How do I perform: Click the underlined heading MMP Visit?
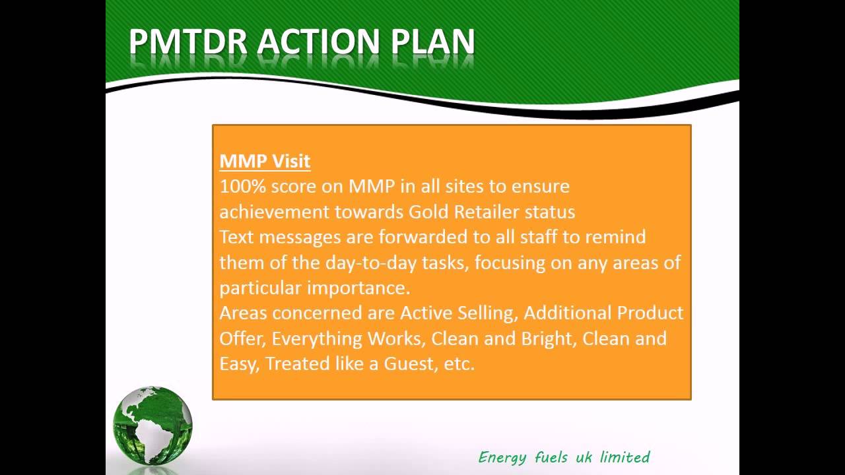265,161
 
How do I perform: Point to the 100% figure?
242,187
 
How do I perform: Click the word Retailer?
486,212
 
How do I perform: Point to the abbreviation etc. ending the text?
459,364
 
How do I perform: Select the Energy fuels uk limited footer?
564,457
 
